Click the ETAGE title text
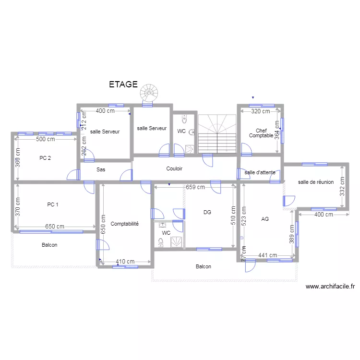point(123,85)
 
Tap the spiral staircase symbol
point(148,92)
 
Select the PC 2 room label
point(46,157)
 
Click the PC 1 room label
point(53,204)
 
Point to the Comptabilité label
point(124,224)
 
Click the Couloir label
point(174,168)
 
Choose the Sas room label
point(101,169)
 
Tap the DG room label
point(207,212)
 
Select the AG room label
point(265,219)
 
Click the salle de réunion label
point(316,182)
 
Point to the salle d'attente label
point(260,172)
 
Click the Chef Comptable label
point(261,133)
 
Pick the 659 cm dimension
point(195,188)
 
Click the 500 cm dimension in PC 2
point(46,139)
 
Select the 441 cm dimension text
point(267,255)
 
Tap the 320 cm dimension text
point(261,111)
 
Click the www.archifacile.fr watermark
point(330,287)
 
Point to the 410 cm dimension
point(125,262)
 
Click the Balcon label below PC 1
point(49,245)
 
